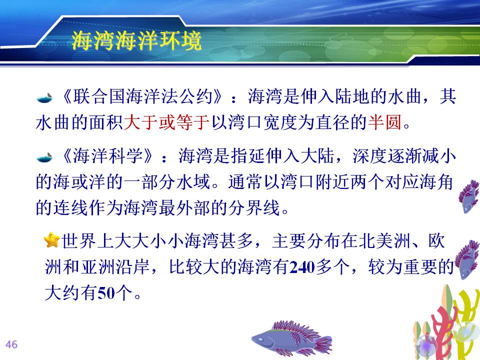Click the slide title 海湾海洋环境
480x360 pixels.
coord(136,40)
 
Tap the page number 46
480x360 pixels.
coord(11,344)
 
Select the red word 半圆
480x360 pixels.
coord(385,122)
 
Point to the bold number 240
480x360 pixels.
coord(302,267)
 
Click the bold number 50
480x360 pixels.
coord(106,293)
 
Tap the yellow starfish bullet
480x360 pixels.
coord(52,240)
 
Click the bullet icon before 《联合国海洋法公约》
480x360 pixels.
coord(44,98)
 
